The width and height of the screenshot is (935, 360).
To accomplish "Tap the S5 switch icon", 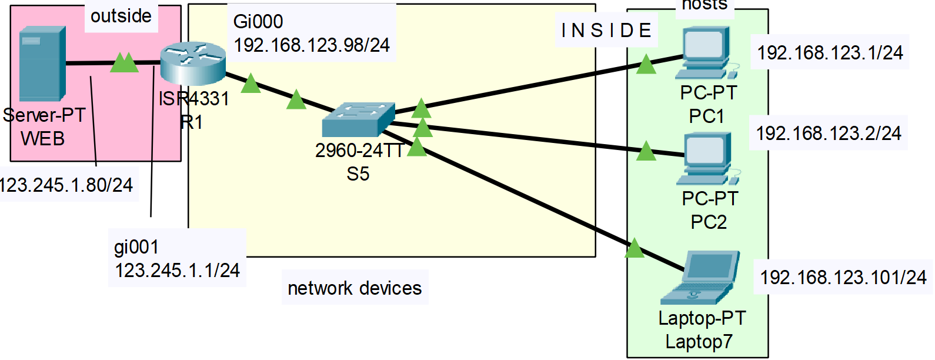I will [358, 119].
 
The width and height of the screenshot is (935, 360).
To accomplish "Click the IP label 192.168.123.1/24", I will [830, 53].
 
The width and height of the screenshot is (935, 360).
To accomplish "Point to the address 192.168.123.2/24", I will [829, 134].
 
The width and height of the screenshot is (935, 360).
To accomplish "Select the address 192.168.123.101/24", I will [843, 277].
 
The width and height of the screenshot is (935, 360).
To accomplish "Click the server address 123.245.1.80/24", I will [66, 185].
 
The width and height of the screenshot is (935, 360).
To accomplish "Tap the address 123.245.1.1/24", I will [177, 270].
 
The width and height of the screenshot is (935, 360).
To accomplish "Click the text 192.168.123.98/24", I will [312, 45].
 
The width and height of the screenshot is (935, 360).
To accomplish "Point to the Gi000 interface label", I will [258, 21].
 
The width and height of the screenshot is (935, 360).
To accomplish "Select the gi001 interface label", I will [136, 246].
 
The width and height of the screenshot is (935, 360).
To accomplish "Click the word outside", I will [121, 16].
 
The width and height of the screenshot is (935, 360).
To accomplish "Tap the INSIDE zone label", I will [606, 30].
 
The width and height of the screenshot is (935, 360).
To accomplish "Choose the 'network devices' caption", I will [355, 288].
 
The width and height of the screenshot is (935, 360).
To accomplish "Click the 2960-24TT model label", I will [359, 151].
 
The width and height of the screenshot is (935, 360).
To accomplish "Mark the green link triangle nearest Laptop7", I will [634, 248].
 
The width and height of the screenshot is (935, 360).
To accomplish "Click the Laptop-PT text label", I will [702, 318].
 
